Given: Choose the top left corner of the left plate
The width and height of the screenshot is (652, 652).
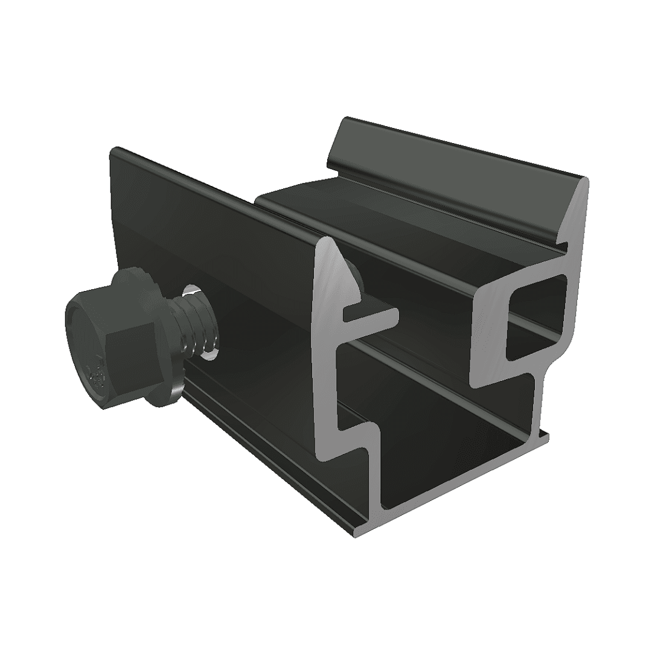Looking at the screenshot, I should coord(113,150).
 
